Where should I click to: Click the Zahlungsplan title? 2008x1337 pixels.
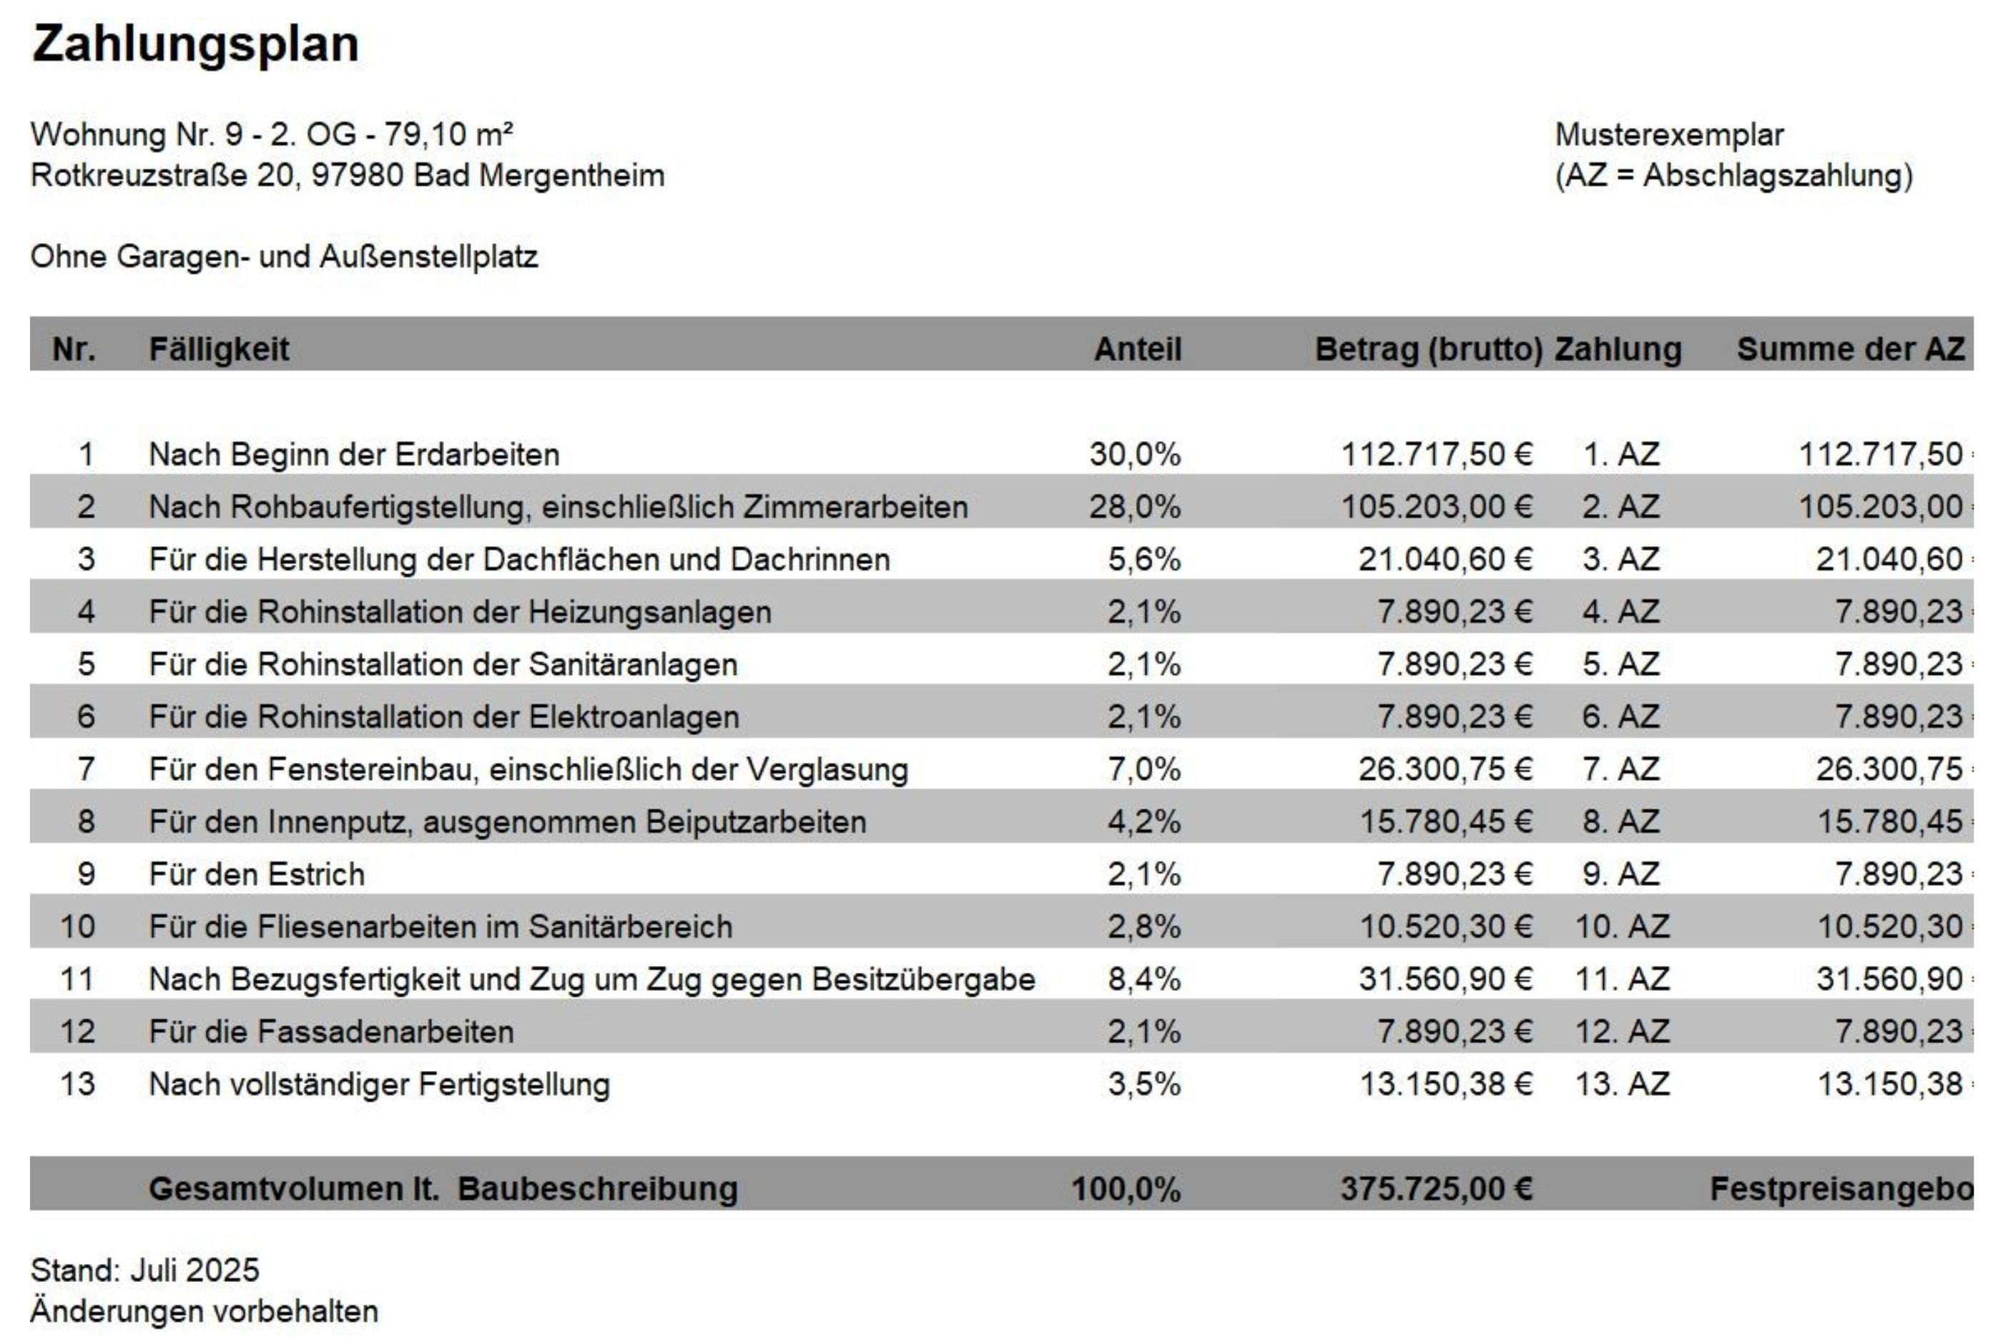pyautogui.click(x=195, y=44)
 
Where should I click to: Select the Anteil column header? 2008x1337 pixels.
pyautogui.click(x=1138, y=349)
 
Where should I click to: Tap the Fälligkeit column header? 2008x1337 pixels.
pyautogui.click(x=219, y=349)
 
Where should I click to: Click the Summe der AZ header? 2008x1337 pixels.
pyautogui.click(x=1850, y=349)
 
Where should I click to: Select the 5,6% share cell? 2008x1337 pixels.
pyautogui.click(x=1144, y=559)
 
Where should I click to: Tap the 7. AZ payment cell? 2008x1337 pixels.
pyautogui.click(x=1621, y=769)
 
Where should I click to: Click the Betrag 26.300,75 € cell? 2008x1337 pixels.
pyautogui.click(x=1445, y=769)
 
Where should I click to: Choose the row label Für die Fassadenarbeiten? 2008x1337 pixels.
pyautogui.click(x=331, y=1032)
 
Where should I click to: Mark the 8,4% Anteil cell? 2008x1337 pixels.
pyautogui.click(x=1144, y=980)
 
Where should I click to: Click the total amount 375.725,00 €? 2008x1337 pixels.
pyautogui.click(x=1436, y=1188)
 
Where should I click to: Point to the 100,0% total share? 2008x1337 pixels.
pyautogui.click(x=1126, y=1188)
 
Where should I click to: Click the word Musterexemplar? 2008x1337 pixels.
pyautogui.click(x=1668, y=134)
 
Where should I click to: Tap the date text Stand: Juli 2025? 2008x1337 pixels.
pyautogui.click(x=145, y=1271)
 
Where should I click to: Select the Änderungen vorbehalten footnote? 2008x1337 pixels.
pyautogui.click(x=204, y=1311)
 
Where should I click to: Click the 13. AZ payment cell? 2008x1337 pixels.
pyautogui.click(x=1622, y=1085)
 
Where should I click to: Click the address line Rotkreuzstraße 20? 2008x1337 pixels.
pyautogui.click(x=347, y=176)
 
